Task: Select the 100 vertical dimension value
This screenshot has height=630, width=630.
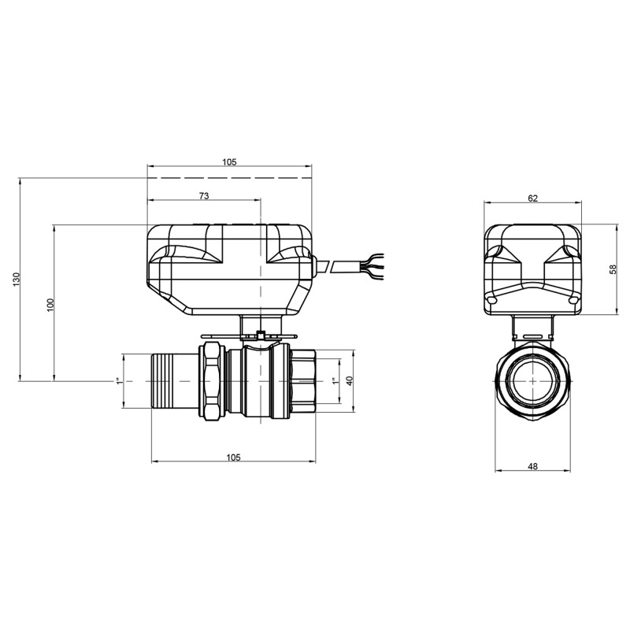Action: coord(50,304)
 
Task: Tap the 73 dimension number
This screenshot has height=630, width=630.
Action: coord(203,196)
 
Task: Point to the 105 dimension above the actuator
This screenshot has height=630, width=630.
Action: coord(229,161)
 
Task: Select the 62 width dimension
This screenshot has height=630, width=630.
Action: coord(532,198)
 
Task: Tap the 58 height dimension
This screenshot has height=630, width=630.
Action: coord(613,269)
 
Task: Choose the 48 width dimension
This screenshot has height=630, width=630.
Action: coord(532,466)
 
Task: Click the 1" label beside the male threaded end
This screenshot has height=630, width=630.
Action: coord(119,381)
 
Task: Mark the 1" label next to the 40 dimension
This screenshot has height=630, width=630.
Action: coord(334,381)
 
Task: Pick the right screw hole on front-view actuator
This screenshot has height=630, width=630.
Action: coord(573,300)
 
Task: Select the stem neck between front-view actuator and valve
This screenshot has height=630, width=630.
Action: coord(532,325)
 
